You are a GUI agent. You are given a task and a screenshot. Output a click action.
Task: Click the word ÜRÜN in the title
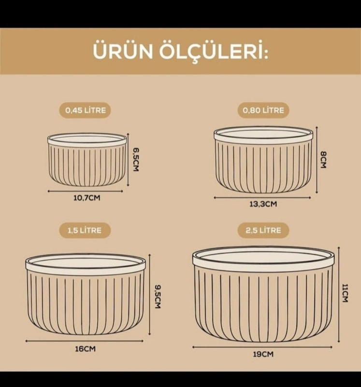(x=123, y=51)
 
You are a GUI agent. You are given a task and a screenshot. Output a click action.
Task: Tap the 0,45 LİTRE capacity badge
(x=85, y=110)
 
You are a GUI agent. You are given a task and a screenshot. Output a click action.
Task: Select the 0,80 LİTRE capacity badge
(x=263, y=110)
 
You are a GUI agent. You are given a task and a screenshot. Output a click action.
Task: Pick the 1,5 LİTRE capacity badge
(x=85, y=230)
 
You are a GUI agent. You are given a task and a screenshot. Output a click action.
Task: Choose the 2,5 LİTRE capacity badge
(x=263, y=230)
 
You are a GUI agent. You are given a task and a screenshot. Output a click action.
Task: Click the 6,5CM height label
(x=136, y=160)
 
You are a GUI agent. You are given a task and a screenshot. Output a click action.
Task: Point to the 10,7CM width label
(x=87, y=198)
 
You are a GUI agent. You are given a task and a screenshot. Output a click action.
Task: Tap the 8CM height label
(x=323, y=160)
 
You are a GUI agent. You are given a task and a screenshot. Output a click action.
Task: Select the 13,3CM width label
(x=263, y=204)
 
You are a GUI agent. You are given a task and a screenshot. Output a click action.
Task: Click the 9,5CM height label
(x=158, y=297)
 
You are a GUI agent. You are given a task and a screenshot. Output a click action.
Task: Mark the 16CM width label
(x=86, y=349)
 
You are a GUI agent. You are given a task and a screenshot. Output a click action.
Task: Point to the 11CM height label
(x=345, y=293)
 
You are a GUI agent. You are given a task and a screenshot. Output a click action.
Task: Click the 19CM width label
(x=263, y=354)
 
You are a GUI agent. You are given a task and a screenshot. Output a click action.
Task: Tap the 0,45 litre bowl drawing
(x=87, y=160)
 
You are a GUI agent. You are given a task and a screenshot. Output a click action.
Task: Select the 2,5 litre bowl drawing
(x=263, y=294)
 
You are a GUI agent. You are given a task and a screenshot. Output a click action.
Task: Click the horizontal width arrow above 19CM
(x=262, y=347)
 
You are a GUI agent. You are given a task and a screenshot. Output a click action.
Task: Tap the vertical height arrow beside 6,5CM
(x=128, y=160)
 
